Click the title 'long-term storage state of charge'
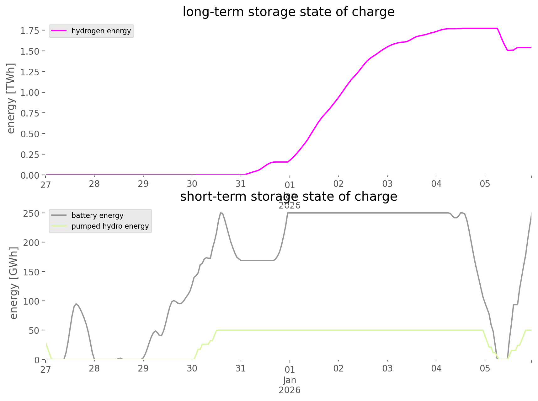click(288, 12)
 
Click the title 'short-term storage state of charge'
click(288, 197)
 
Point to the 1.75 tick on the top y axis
click(30, 31)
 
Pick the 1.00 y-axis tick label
click(30, 93)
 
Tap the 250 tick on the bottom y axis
click(31, 214)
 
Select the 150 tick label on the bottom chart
click(31, 272)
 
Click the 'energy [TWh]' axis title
click(11, 98)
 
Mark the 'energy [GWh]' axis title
click(13, 283)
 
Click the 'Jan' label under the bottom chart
click(290, 380)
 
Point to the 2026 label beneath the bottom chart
click(290, 390)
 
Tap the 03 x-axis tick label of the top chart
click(387, 184)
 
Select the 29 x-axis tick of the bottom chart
click(143, 369)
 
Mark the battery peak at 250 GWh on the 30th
click(221, 213)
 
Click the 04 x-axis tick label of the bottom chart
click(436, 369)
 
